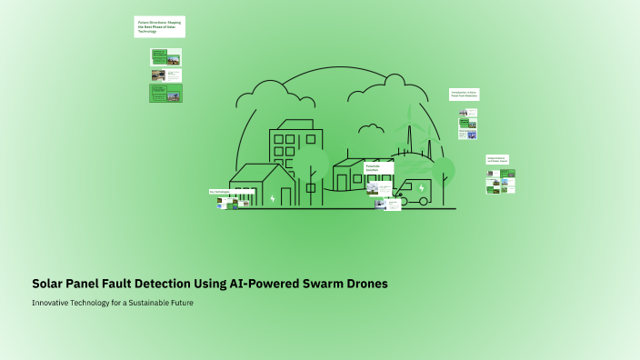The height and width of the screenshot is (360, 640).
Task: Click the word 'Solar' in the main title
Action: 51,284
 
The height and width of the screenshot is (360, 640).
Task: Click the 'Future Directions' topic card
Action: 159,26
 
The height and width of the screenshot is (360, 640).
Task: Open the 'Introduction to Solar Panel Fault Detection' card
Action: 464,94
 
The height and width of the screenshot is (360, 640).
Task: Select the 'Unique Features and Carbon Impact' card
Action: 496,160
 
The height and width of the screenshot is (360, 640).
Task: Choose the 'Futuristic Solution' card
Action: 378,169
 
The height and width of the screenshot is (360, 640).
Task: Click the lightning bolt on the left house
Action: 273,197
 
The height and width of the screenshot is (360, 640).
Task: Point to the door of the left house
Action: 286,195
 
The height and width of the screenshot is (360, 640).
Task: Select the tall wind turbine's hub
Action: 409,123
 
